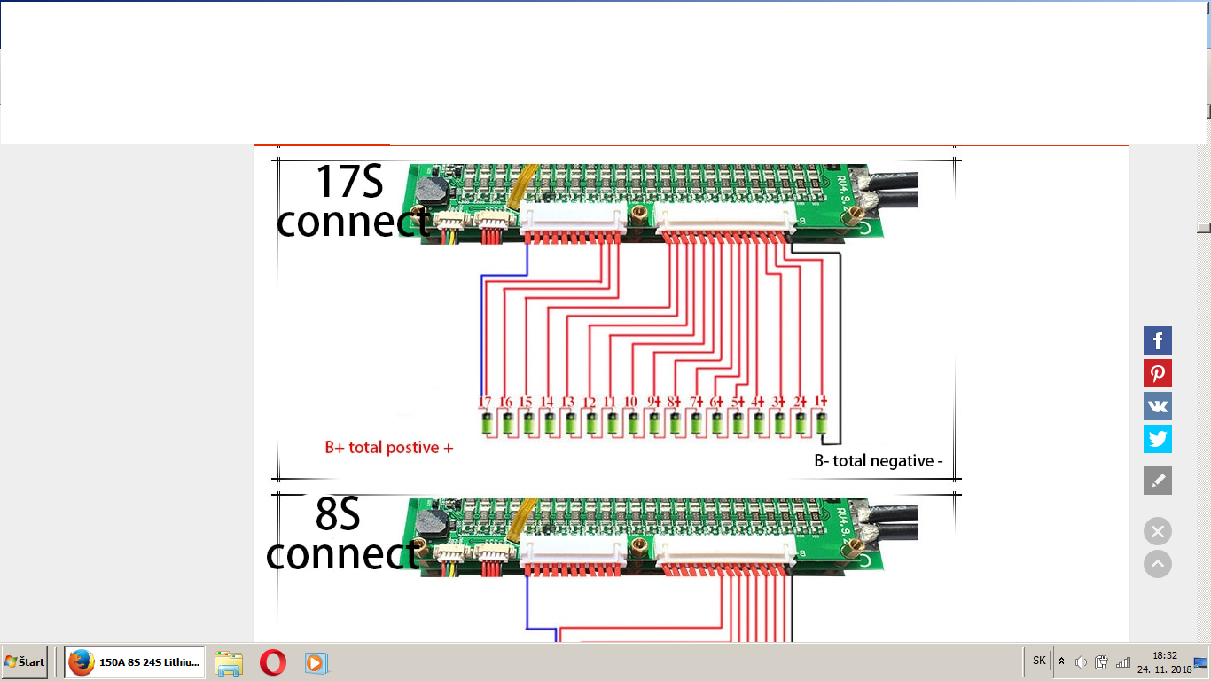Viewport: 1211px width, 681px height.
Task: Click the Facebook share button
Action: point(1157,340)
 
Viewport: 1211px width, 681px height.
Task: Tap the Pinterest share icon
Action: point(1157,373)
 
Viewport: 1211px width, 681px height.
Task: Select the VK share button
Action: point(1157,406)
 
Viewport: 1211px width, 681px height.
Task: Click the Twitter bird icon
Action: point(1157,439)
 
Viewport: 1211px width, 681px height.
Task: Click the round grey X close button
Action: point(1157,531)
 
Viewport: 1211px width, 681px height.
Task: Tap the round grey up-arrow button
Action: point(1157,564)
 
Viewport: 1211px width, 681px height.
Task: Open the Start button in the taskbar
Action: point(25,662)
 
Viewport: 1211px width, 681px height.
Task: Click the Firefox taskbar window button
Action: point(135,662)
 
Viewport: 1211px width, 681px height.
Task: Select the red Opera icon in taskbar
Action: point(273,662)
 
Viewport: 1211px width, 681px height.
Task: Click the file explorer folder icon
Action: point(229,662)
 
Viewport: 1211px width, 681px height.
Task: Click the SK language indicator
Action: point(1039,661)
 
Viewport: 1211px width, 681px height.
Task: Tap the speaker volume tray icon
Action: point(1081,662)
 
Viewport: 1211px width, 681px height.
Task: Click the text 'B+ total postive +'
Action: point(388,448)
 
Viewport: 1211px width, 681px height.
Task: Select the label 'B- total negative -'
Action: point(878,461)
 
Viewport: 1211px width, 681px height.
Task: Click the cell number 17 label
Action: point(485,403)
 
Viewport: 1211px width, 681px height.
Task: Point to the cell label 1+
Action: point(821,402)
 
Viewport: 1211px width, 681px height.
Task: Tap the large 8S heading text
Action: point(337,514)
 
